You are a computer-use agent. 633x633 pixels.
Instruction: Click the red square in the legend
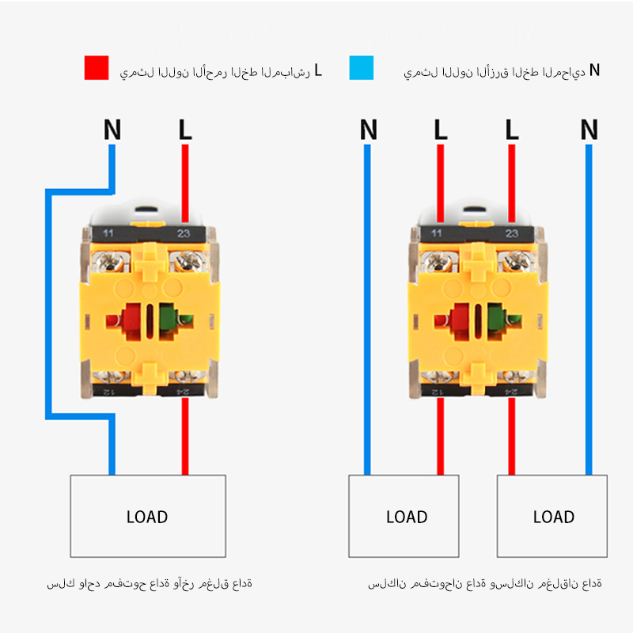(x=96, y=68)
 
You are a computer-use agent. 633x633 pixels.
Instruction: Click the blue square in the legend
(x=360, y=68)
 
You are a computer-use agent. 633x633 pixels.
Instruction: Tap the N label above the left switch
(x=112, y=130)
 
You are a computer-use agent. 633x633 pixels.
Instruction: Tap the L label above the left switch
(x=185, y=130)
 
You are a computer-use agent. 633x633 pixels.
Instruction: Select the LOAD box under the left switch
(x=148, y=516)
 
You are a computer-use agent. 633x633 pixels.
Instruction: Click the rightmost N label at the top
(x=589, y=130)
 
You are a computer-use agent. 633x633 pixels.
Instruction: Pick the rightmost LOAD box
(x=552, y=516)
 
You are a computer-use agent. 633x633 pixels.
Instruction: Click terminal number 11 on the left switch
(x=109, y=233)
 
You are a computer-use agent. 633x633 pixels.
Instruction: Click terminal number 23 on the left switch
(x=184, y=233)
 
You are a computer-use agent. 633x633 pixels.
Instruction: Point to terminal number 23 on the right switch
(x=511, y=233)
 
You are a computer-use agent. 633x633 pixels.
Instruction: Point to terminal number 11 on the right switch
(x=437, y=233)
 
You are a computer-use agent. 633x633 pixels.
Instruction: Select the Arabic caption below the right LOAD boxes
(x=484, y=584)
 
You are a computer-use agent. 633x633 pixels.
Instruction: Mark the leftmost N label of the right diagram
(x=368, y=130)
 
